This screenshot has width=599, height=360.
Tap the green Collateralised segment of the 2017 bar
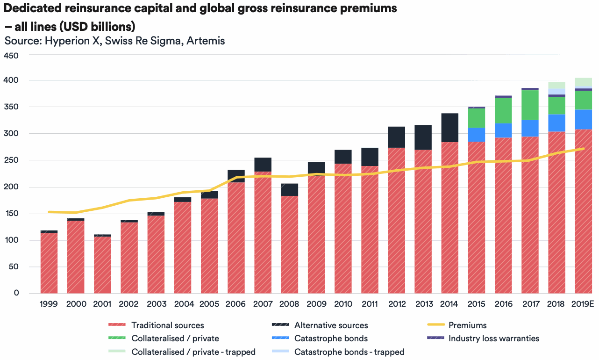tap(530, 105)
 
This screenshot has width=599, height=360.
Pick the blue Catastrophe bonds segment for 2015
tap(476, 135)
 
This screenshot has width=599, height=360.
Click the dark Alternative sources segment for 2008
tap(289, 189)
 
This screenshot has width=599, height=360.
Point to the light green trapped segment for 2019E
tap(583, 82)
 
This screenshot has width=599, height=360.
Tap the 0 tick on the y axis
tap(16, 293)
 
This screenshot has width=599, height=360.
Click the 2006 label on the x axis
tap(236, 304)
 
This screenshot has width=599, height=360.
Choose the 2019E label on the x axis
tap(583, 304)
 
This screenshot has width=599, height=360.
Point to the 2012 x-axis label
tap(396, 304)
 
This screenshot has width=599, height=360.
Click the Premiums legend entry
tap(467, 325)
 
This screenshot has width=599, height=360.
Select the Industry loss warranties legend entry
tap(493, 338)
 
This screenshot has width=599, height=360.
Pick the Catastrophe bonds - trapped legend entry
tap(349, 352)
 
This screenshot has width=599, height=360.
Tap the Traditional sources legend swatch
tap(117, 325)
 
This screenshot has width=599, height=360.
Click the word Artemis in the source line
tap(206, 41)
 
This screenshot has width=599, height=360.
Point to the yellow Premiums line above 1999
tap(49, 212)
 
